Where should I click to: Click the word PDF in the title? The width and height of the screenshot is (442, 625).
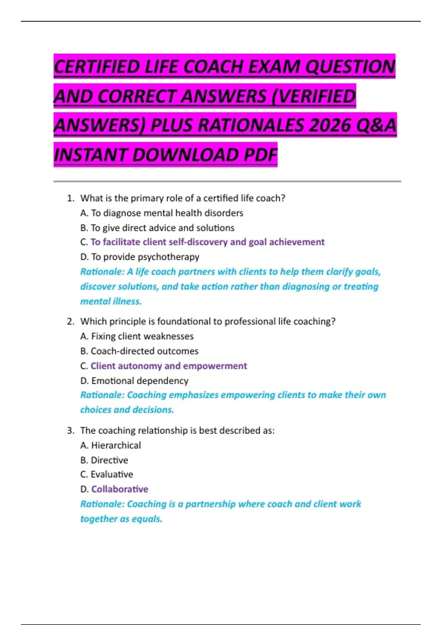[260, 155]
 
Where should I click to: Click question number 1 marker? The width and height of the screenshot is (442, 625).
[70, 199]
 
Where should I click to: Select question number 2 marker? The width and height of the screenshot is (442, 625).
[70, 322]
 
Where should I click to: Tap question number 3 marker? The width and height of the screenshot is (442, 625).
[70, 431]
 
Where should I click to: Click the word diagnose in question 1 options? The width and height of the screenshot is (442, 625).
[122, 213]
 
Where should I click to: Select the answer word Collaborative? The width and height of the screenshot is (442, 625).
[120, 489]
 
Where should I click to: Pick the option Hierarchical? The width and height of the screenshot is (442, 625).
[116, 446]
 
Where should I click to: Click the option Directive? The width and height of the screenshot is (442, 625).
[109, 460]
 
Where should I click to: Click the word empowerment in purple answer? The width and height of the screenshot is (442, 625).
[215, 366]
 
